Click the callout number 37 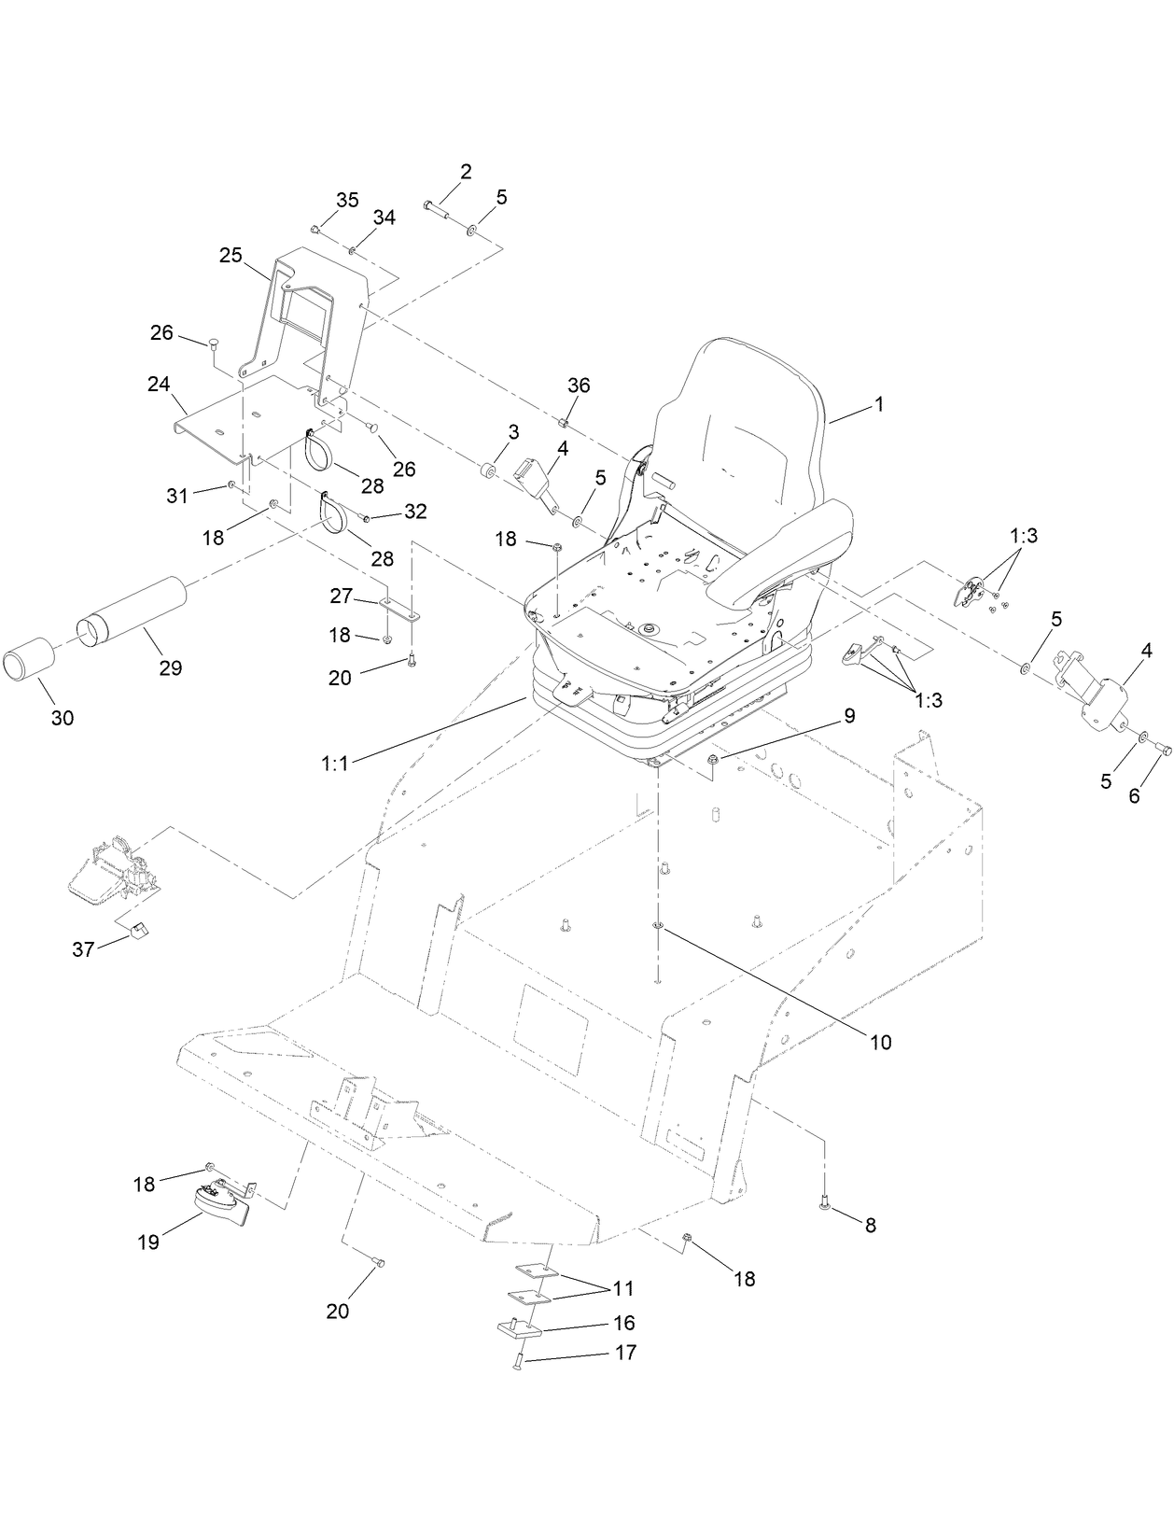pos(83,950)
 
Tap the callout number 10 pos(880,1042)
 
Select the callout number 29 pos(170,667)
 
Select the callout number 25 pos(231,254)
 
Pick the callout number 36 pos(579,386)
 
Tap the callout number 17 pos(626,1352)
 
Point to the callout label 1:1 pos(333,763)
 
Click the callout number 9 pos(848,716)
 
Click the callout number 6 pos(1134,796)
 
